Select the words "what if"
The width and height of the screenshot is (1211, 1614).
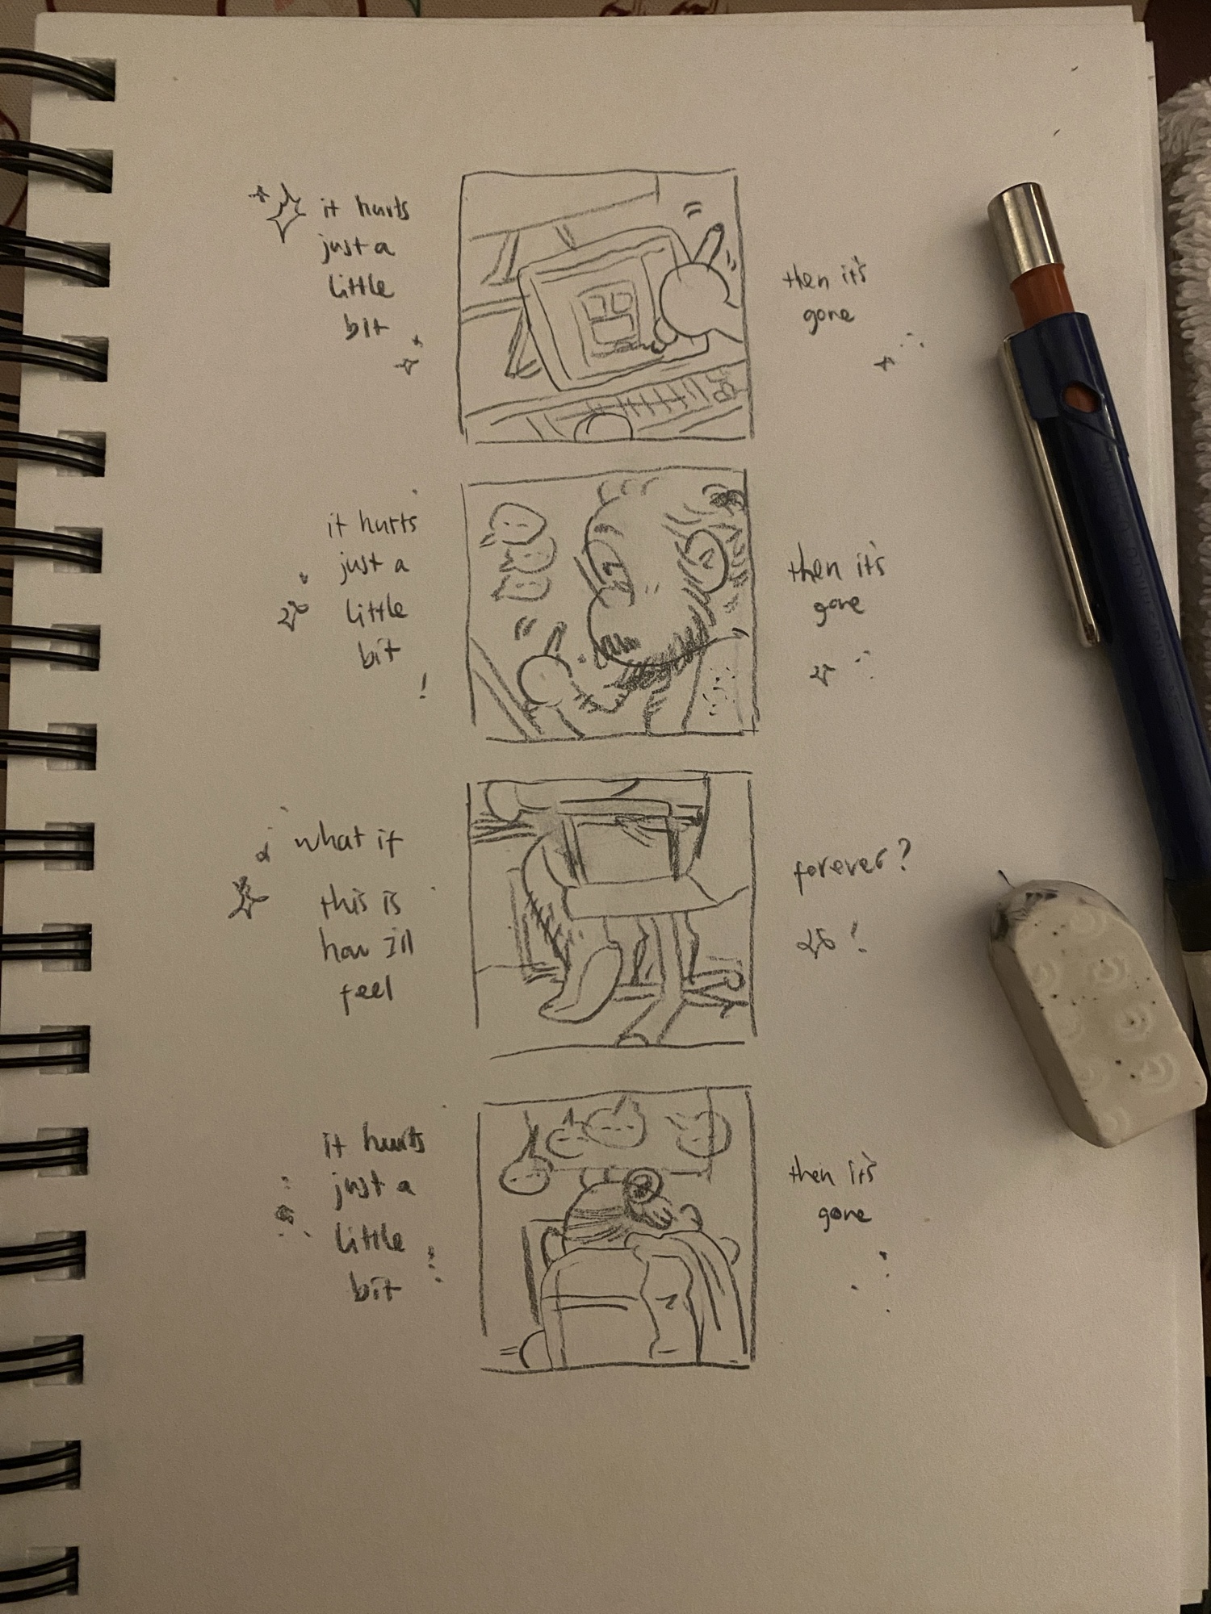click(347, 843)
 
